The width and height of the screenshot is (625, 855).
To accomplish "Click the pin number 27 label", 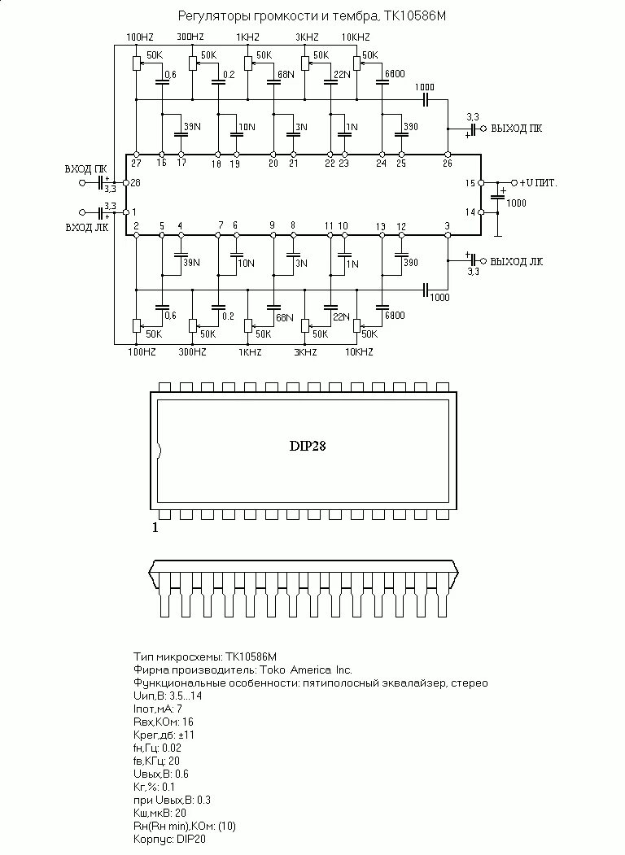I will pyautogui.click(x=137, y=163).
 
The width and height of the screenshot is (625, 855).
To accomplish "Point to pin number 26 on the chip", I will pyautogui.click(x=447, y=163).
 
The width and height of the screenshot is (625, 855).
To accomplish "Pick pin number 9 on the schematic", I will pyautogui.click(x=273, y=225).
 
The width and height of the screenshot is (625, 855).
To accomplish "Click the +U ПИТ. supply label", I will pyautogui.click(x=539, y=183).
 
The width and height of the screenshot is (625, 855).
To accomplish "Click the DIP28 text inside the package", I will pyautogui.click(x=308, y=446).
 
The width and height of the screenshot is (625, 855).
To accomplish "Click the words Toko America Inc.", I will pyautogui.click(x=306, y=670).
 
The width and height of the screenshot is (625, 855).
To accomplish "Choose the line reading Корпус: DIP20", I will pyautogui.click(x=169, y=839).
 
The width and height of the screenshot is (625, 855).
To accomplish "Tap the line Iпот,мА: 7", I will pyautogui.click(x=157, y=709).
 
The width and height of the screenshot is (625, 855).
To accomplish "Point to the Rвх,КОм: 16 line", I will pyautogui.click(x=163, y=722).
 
